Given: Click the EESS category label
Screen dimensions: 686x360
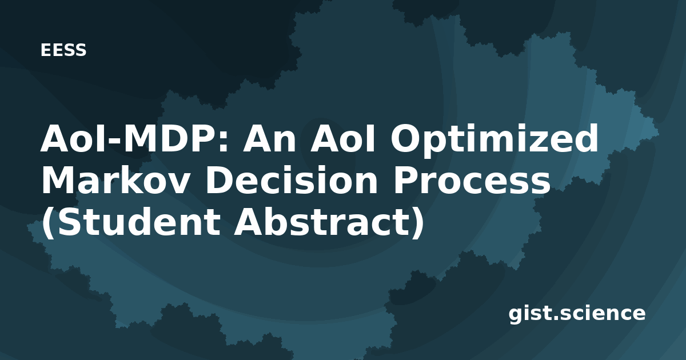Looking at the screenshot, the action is click(63, 50).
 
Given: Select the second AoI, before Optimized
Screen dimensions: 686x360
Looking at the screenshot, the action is click(342, 138).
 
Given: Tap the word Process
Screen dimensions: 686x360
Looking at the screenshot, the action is click(472, 181).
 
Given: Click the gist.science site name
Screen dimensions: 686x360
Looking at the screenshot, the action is click(577, 314).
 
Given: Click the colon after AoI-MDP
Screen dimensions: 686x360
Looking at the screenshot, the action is click(224, 142).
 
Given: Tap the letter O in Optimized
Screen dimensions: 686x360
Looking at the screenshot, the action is click(406, 138).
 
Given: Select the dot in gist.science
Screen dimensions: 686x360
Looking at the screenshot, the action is click(554, 318).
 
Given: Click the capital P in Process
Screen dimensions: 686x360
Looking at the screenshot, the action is click(406, 181).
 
